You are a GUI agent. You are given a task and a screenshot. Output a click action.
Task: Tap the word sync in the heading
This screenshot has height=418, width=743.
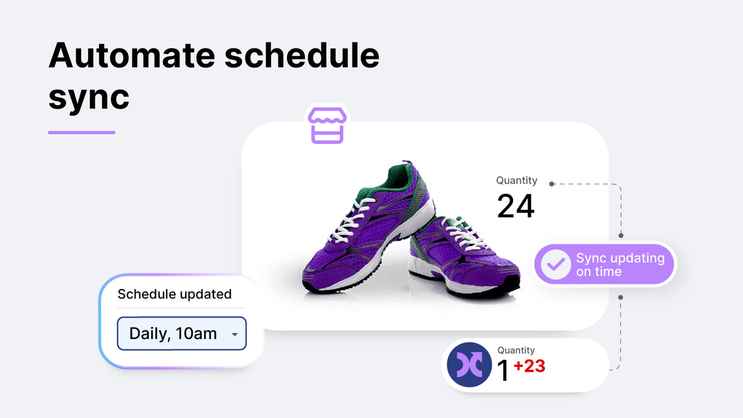88,98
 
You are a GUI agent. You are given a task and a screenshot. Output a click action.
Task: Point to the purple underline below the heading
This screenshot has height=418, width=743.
81,132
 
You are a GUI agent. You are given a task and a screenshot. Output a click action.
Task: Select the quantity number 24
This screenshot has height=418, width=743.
515,206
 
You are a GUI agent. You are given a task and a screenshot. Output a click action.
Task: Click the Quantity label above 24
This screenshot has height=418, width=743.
517,181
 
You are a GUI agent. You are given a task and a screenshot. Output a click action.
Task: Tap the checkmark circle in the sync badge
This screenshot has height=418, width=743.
556,265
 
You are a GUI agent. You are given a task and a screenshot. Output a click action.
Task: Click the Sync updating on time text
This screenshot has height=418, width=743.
619,265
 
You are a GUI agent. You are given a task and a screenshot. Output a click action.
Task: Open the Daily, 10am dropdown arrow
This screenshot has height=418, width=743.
235,334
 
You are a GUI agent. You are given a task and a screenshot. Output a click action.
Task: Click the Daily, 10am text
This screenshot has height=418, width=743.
173,334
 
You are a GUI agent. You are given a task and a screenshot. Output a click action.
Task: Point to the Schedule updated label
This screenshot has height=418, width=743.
174,294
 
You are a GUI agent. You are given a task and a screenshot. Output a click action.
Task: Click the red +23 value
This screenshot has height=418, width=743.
529,366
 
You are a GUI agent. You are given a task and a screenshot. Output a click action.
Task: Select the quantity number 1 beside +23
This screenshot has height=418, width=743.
503,372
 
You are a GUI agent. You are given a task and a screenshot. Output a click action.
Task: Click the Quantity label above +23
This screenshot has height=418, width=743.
516,350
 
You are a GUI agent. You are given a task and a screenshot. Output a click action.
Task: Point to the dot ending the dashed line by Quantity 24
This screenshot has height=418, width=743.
552,184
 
